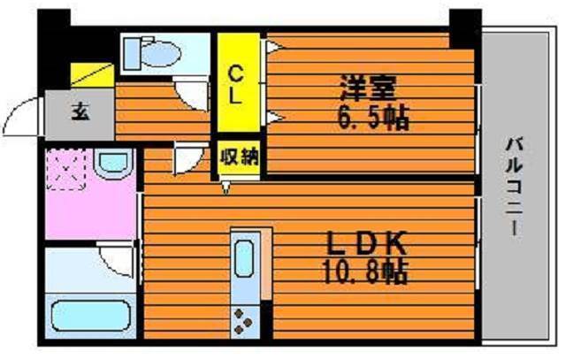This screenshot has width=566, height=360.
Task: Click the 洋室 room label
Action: point(369,88)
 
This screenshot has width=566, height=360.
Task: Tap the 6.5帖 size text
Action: point(373,118)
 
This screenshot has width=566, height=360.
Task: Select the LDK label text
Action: point(366,243)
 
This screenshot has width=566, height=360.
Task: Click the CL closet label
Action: point(235,85)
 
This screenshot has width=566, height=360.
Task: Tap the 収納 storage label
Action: point(240,157)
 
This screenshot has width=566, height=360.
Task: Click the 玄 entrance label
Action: point(80,112)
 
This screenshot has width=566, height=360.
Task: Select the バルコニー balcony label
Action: point(514,187)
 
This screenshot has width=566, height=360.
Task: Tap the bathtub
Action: point(90,315)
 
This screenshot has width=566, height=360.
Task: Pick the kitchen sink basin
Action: point(244,258)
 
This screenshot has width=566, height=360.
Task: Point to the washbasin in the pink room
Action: point(113,164)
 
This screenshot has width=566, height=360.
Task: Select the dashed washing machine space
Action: point(66,169)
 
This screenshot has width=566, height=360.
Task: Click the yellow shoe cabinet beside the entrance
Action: point(92,75)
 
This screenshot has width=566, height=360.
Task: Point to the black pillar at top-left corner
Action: point(54,50)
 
